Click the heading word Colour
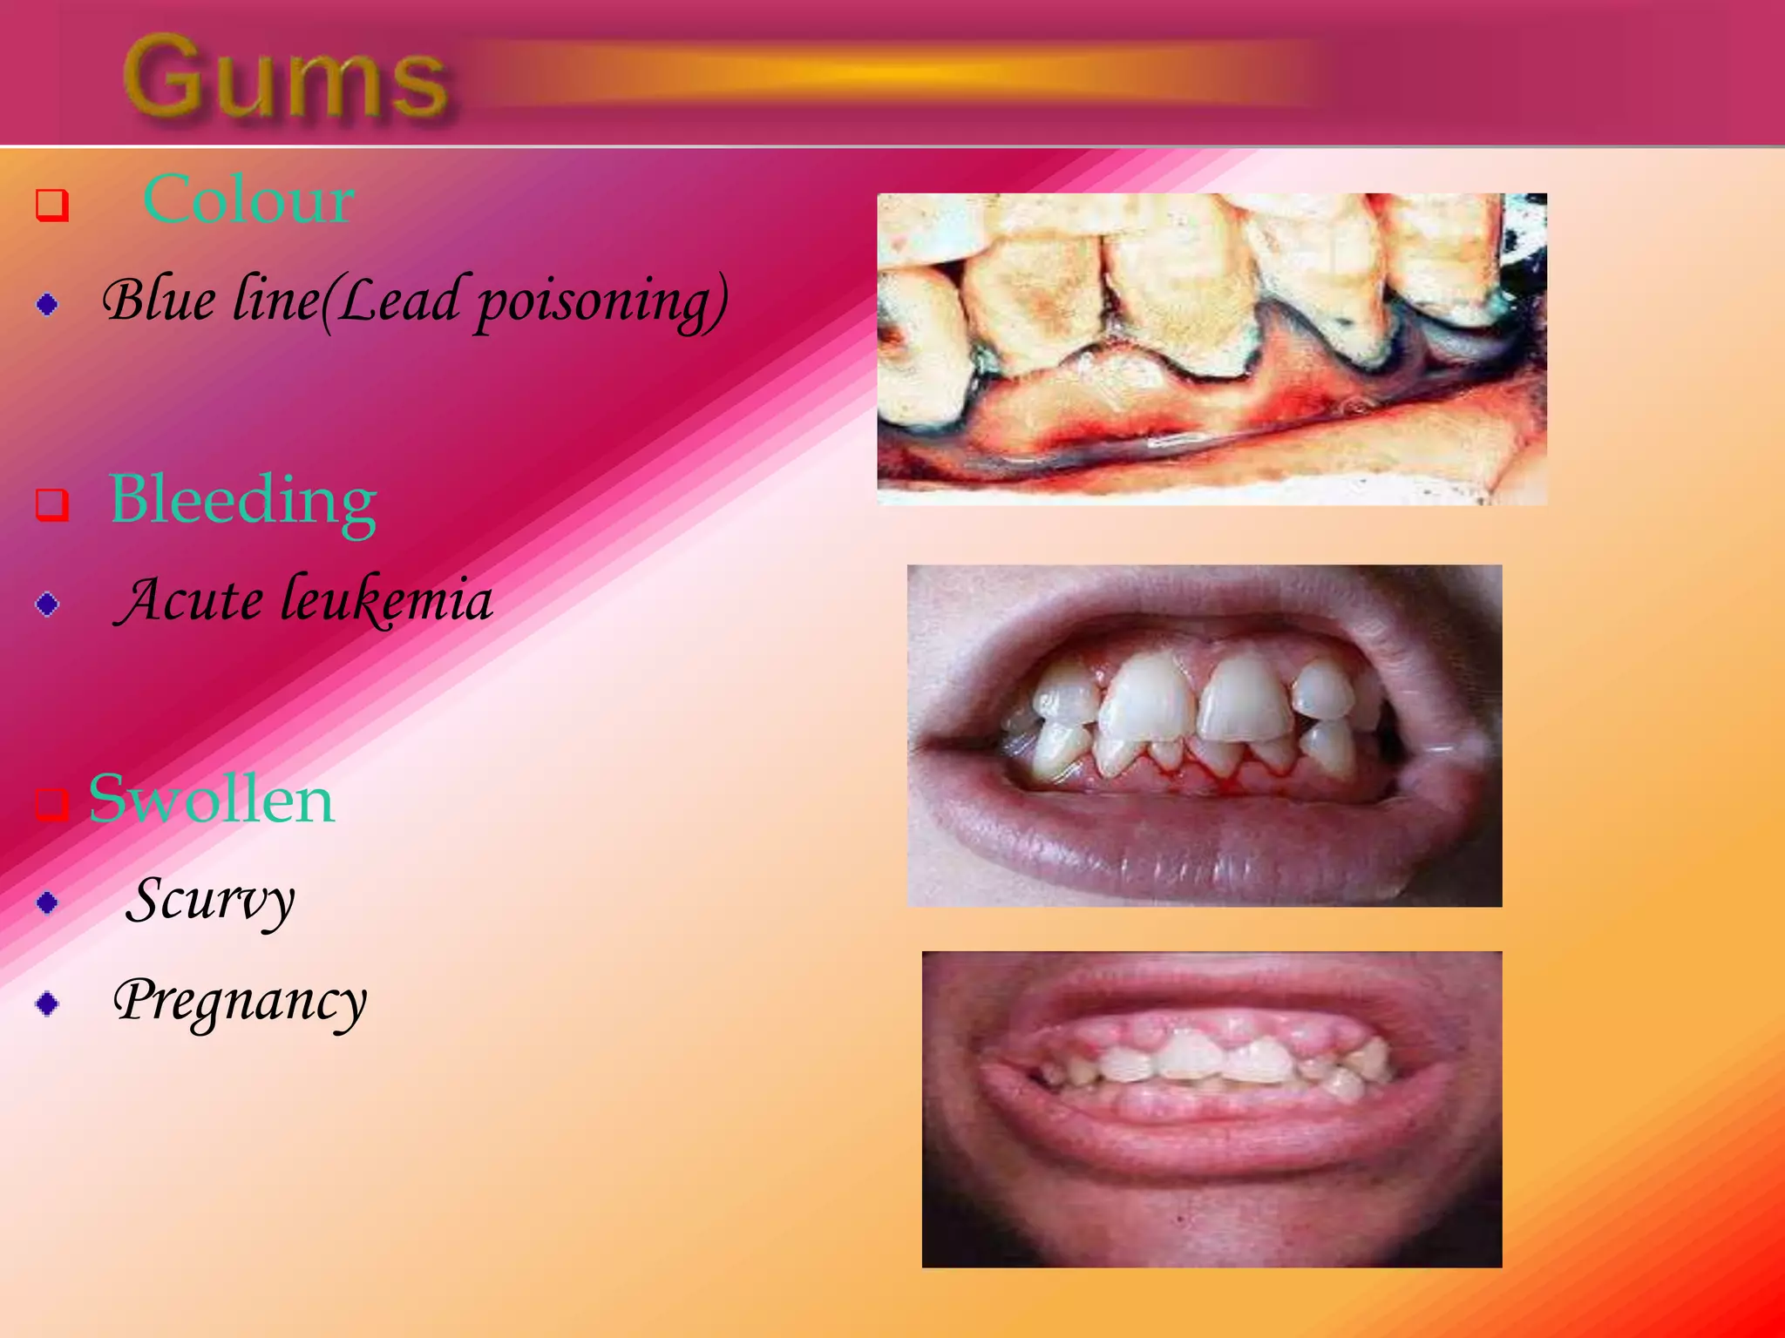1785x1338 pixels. click(248, 200)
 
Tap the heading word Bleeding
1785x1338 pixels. click(242, 500)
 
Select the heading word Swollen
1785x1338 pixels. click(212, 800)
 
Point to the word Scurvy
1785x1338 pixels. click(210, 900)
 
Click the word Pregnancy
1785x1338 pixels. click(240, 1002)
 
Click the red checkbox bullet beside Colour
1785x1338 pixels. click(51, 206)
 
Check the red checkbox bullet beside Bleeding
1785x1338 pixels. click(51, 504)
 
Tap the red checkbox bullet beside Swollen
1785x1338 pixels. click(51, 803)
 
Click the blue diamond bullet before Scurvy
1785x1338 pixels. click(48, 902)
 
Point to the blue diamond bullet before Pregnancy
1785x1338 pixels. click(48, 1003)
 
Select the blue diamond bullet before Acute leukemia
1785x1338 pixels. click(48, 604)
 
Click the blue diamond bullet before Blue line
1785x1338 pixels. click(48, 304)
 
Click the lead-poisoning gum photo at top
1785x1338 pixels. click(1211, 348)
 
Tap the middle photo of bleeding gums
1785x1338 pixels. click(1205, 736)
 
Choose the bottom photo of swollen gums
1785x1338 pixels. click(1211, 1109)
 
